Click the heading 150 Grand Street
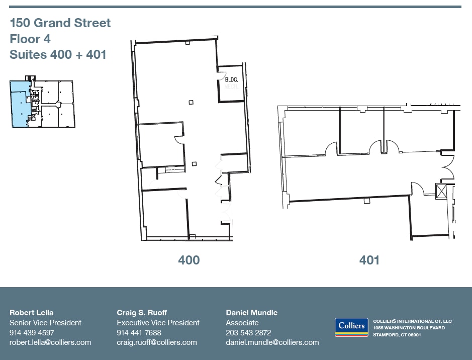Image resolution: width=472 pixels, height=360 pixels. (x=60, y=23)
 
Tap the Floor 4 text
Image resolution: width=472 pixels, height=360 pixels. (x=30, y=39)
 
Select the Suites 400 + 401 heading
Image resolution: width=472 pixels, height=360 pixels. (x=58, y=55)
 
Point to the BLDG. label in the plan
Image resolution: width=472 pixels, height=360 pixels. (x=231, y=80)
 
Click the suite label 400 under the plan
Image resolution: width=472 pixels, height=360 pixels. (x=188, y=260)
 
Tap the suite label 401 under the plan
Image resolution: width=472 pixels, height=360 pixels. (x=369, y=260)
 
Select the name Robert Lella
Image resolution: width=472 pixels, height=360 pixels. (x=31, y=313)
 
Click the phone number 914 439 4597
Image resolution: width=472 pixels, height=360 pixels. (x=32, y=332)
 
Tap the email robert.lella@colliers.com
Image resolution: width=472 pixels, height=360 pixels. (x=50, y=342)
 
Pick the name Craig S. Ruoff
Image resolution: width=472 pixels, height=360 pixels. (x=142, y=313)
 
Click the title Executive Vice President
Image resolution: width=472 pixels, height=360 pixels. (x=158, y=323)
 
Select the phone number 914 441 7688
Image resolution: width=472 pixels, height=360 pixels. (x=139, y=332)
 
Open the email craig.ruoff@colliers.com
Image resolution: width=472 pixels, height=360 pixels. (x=157, y=342)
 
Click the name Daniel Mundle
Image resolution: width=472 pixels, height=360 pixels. (x=251, y=313)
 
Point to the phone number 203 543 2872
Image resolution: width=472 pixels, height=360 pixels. (x=248, y=332)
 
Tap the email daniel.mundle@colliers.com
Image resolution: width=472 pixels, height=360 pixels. (x=272, y=342)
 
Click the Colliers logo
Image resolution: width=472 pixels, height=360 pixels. (x=351, y=327)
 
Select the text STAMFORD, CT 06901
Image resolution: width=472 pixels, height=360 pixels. (x=397, y=334)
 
